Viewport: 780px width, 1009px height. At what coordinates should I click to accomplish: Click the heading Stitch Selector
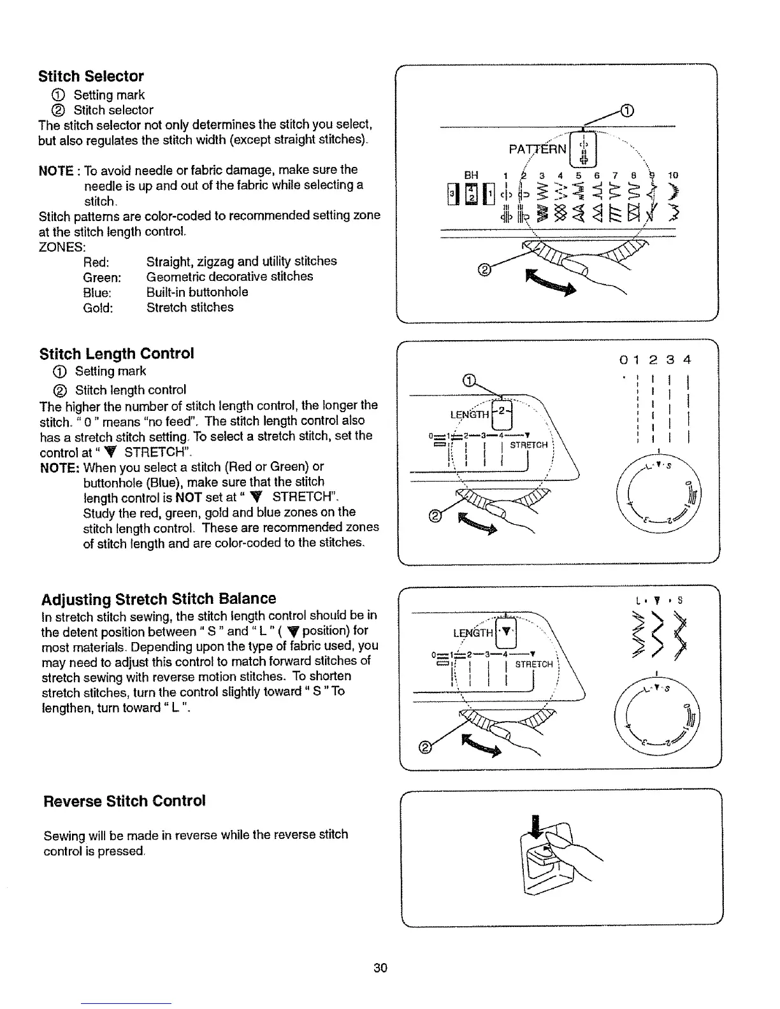click(x=91, y=76)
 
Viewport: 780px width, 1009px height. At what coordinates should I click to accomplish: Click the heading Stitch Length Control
click(x=117, y=354)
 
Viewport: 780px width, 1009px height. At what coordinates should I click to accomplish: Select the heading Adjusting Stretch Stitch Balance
click(x=159, y=599)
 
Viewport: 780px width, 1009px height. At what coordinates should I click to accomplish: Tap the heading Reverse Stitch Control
click(x=124, y=801)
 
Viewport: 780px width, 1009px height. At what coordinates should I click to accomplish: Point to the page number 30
click(x=380, y=968)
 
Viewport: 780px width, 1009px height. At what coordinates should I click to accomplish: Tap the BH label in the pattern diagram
click(x=471, y=175)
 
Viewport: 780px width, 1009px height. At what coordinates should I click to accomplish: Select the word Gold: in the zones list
click(x=98, y=308)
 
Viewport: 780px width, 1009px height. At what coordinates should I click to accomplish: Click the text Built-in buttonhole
click(x=197, y=292)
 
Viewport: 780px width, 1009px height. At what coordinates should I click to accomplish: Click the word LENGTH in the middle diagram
click(x=470, y=415)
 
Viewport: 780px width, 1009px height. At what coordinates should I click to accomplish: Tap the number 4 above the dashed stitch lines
click(x=686, y=361)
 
